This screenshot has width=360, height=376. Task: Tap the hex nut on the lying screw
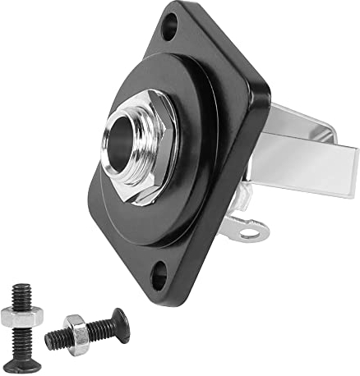75,332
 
